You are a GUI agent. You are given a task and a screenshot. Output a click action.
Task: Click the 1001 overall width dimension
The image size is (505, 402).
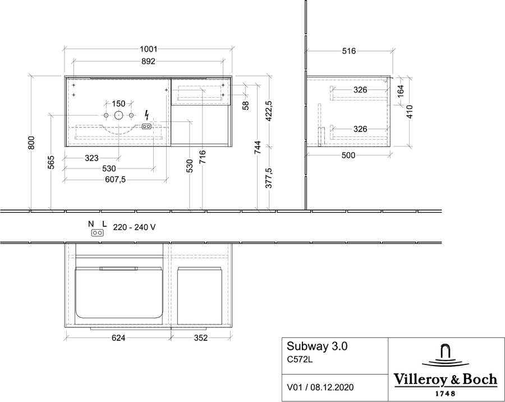point(149,49)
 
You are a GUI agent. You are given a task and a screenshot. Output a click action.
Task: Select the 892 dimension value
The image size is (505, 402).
point(148,61)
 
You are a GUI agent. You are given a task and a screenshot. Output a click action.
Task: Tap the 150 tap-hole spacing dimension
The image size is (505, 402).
point(118,104)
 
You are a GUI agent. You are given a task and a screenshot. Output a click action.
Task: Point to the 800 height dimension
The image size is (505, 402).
point(31,143)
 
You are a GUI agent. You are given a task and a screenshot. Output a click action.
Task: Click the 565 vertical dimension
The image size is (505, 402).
point(51,162)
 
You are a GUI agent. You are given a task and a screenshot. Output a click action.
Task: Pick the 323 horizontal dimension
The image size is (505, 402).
point(92,158)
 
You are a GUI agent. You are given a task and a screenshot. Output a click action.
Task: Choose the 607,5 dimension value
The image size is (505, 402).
point(115,180)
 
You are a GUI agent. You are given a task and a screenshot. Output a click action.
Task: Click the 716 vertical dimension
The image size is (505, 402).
point(202,157)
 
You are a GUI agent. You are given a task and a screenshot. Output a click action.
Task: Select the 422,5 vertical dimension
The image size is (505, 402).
point(269,111)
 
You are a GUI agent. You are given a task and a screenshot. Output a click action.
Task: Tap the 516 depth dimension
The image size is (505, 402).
point(349,51)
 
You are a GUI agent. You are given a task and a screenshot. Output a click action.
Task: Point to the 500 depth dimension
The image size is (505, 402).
point(348,156)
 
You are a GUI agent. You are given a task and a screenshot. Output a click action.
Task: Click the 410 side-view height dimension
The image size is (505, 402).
point(410,112)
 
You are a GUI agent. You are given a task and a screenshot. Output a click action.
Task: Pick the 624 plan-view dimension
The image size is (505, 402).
point(118,338)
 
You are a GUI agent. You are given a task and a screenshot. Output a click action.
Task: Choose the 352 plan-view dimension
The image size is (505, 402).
point(201,338)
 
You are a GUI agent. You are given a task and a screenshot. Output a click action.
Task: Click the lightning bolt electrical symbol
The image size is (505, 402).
point(147,115)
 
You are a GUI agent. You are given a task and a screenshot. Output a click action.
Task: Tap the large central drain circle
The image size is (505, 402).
point(118,115)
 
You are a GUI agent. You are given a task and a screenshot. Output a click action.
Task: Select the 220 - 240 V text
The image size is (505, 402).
point(134,227)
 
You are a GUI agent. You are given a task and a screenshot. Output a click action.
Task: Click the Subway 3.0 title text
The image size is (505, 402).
point(317,346)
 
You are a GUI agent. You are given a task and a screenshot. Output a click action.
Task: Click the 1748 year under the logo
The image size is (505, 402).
point(446,394)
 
